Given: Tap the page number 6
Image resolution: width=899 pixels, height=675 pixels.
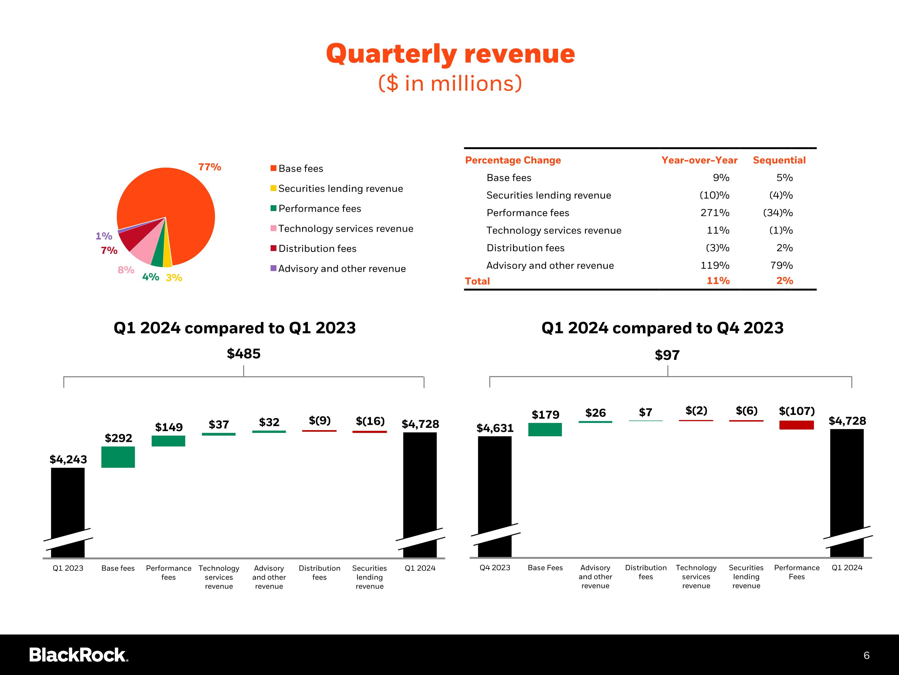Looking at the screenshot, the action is [867, 655].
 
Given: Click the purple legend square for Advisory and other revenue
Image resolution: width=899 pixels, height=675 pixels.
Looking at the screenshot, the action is [274, 268].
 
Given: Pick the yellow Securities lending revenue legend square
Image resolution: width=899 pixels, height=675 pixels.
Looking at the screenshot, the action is [274, 188].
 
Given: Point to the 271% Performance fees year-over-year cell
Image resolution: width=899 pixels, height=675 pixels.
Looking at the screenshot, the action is [715, 213].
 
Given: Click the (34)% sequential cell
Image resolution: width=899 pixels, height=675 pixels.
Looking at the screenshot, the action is [778, 213].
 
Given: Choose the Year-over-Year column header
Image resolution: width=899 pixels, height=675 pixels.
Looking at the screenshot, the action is [699, 160].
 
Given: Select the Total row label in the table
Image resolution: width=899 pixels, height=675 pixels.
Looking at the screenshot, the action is [478, 281].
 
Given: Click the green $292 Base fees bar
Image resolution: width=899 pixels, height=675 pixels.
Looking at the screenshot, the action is [118, 457].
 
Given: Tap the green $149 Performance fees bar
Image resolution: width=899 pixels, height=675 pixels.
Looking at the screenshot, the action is [168, 441].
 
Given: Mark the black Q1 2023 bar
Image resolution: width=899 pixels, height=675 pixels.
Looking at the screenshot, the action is [68, 513].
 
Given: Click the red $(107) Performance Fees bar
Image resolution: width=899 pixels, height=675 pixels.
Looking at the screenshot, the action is [797, 425].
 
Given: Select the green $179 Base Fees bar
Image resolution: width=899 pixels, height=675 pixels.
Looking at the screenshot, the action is [545, 430].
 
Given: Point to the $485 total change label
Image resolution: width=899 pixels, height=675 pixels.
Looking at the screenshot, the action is [243, 354].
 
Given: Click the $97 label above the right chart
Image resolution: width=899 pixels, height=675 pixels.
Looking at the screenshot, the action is [667, 355].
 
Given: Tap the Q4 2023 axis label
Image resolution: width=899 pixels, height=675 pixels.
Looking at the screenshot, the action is [495, 568].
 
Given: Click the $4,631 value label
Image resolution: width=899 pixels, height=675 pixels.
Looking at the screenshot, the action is [495, 428].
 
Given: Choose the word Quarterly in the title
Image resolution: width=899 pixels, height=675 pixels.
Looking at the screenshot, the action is [391, 54].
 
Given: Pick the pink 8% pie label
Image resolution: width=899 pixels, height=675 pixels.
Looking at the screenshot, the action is [126, 270].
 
